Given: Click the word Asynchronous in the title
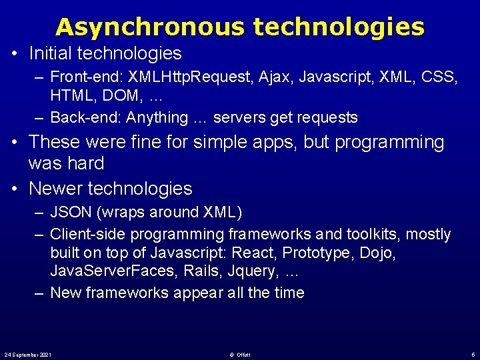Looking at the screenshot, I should [151, 27].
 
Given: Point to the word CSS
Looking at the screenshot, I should [441, 77].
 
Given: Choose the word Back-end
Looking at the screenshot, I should [84, 118].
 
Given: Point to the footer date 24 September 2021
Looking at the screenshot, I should [28, 354].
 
